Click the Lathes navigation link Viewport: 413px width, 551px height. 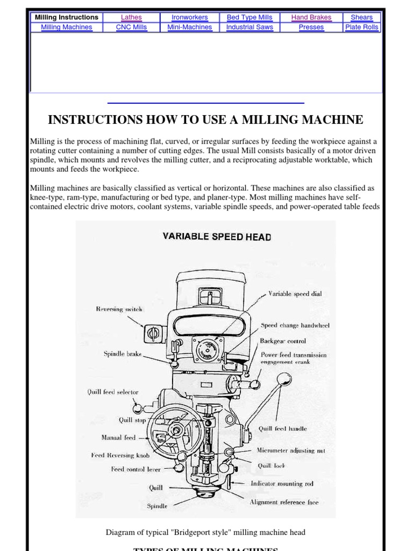click(131, 17)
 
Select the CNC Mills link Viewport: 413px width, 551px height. click(131, 27)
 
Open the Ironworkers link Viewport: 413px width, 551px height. click(189, 17)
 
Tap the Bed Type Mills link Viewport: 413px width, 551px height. click(250, 17)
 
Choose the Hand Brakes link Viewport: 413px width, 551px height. click(311, 17)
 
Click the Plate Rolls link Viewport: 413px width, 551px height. click(361, 27)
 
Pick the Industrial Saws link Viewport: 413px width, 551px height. click(250, 27)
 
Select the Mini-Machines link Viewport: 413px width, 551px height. click(189, 27)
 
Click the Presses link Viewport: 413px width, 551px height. click(311, 27)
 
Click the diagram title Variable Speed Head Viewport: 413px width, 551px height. click(217, 236)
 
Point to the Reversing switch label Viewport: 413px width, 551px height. click(119, 309)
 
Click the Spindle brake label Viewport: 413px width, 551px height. click(123, 354)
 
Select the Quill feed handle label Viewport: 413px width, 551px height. click(283, 429)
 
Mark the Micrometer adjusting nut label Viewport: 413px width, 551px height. click(291, 450)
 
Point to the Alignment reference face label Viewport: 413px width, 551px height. click(284, 502)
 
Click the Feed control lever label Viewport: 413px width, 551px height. click(136, 469)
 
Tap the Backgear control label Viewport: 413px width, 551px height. click(283, 341)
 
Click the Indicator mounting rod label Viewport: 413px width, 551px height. click(284, 484)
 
